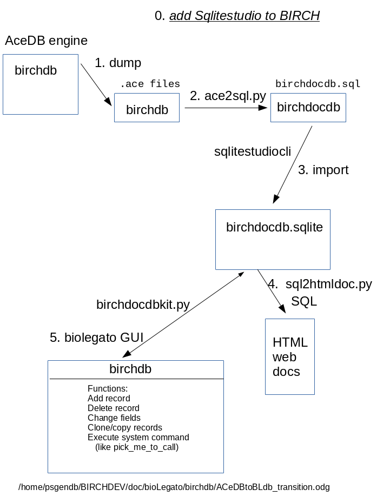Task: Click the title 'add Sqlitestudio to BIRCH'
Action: [244, 16]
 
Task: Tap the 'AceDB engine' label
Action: [46, 41]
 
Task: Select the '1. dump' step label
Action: [118, 63]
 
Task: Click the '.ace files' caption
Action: [150, 84]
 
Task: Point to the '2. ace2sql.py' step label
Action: [228, 96]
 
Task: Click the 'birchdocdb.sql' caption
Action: [318, 84]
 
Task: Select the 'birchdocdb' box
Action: [308, 108]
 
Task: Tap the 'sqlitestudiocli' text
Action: [253, 152]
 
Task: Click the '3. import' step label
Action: [323, 170]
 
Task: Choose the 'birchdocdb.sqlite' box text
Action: [274, 228]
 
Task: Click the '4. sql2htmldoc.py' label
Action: [320, 284]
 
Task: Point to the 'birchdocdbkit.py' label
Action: [143, 305]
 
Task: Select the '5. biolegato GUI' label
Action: [96, 338]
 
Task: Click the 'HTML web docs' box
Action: [290, 357]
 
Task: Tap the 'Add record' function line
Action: [109, 399]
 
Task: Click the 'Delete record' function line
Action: [113, 408]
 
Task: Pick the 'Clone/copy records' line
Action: [124, 428]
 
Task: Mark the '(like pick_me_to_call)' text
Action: [136, 447]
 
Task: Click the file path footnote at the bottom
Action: [174, 487]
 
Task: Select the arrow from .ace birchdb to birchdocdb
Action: [226, 108]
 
